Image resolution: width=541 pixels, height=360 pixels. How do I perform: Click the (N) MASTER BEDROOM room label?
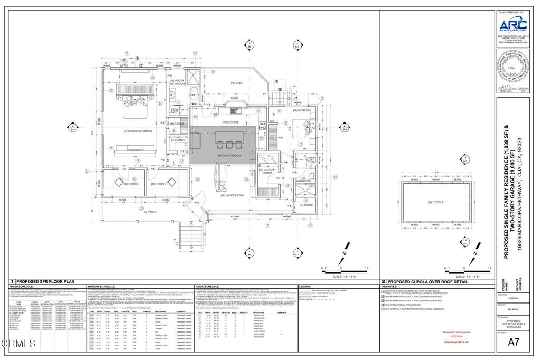(x=138, y=131)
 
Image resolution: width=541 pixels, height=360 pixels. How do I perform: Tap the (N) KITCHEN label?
(x=231, y=122)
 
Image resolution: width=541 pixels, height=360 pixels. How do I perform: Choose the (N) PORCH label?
(x=150, y=212)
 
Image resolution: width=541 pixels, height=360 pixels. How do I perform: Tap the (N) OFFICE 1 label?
(x=131, y=184)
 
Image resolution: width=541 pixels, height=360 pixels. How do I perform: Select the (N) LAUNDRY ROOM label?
(x=267, y=171)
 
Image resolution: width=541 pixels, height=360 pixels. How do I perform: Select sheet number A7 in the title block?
(x=511, y=342)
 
